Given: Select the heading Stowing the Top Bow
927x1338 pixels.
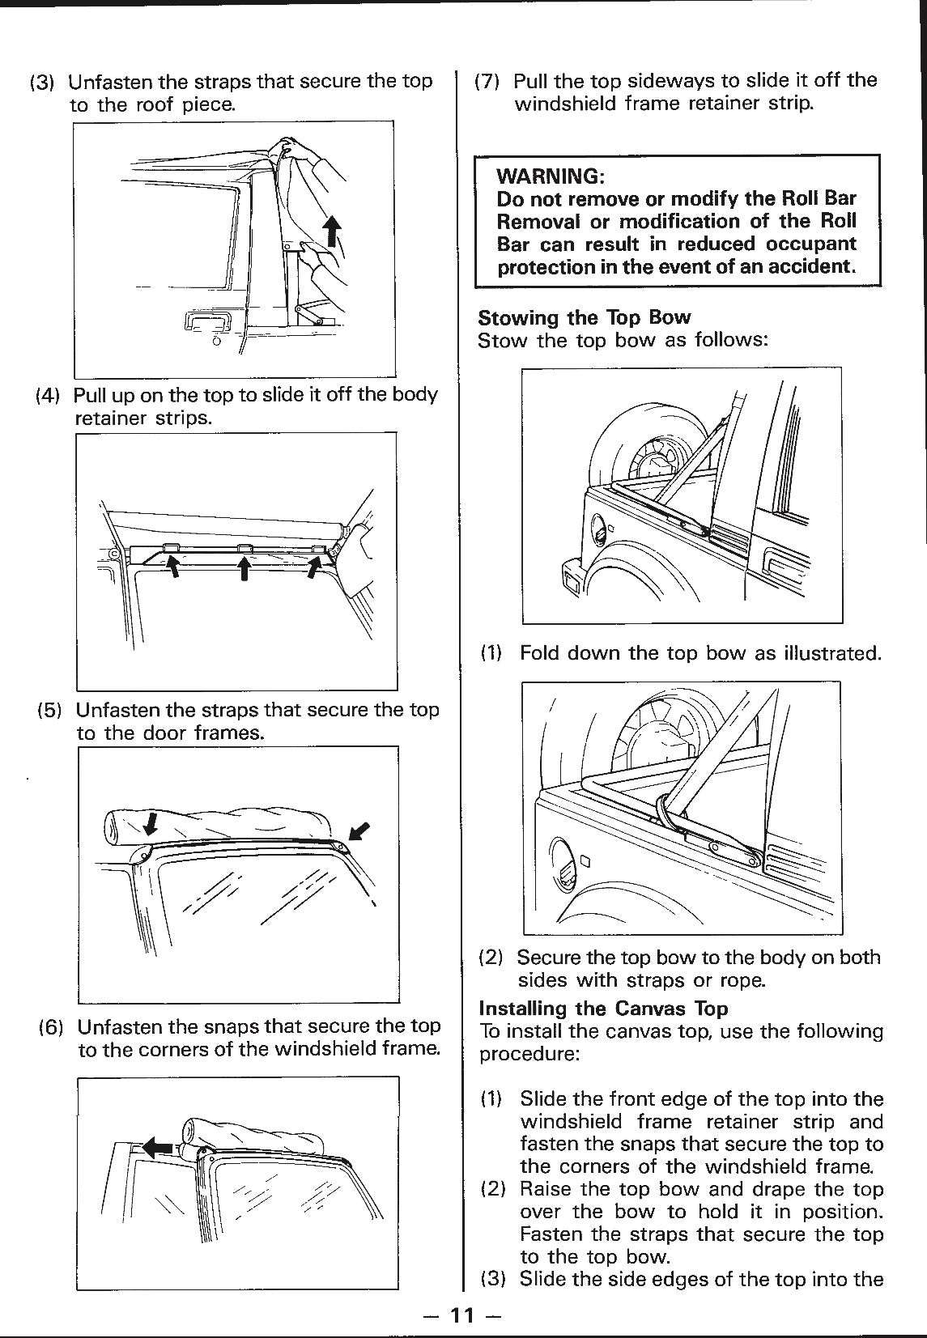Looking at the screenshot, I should [x=584, y=317].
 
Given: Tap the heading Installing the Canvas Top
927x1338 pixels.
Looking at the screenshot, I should [x=603, y=1009].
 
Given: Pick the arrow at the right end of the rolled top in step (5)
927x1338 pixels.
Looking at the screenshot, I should [x=359, y=831].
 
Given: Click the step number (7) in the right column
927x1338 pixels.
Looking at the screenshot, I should [x=489, y=81].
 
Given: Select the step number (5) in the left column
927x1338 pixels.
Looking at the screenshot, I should [x=50, y=711].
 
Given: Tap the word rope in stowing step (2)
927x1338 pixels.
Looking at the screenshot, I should [x=740, y=980].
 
